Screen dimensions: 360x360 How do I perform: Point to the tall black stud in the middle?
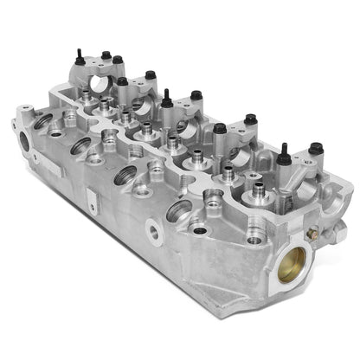click(164, 97)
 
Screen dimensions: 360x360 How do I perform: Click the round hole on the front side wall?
click(153, 231)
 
